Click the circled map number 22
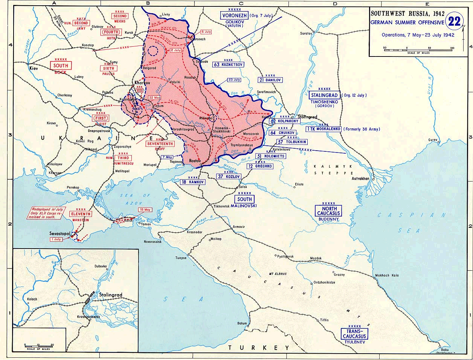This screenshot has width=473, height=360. pyautogui.click(x=454, y=21)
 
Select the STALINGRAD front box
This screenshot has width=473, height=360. pyautogui.click(x=324, y=95)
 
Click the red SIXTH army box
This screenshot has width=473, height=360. pyautogui.click(x=108, y=69)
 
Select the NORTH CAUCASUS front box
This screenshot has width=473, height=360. pyautogui.click(x=328, y=211)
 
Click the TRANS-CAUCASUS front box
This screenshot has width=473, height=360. pyautogui.click(x=354, y=334)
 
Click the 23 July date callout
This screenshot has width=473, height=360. pyautogui.click(x=234, y=80)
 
